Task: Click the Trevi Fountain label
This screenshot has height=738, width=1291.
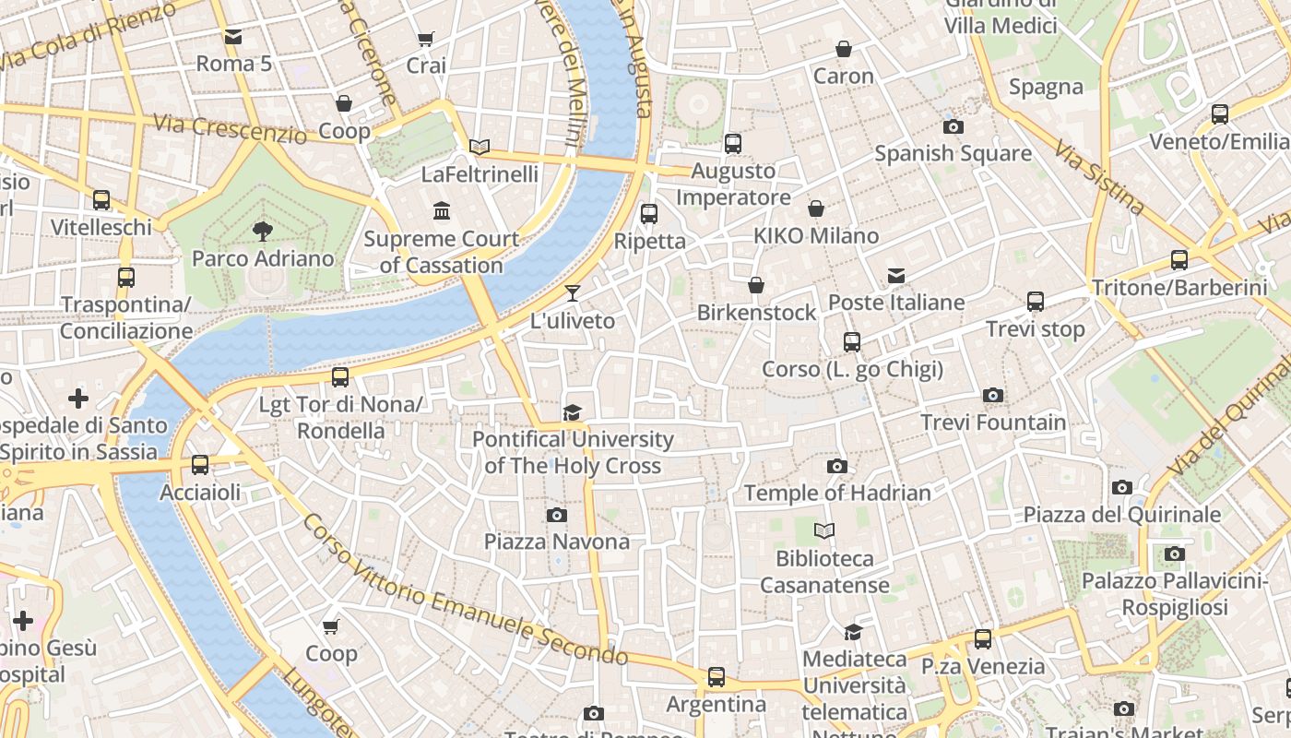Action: coord(993,423)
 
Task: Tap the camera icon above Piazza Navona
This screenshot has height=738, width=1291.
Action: coord(557,515)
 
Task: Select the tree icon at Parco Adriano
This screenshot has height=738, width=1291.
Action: coord(263,232)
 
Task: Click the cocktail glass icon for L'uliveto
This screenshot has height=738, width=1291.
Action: coord(573,293)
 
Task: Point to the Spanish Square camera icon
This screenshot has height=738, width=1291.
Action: coord(953,126)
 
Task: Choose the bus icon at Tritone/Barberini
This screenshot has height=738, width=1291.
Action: coord(1179,260)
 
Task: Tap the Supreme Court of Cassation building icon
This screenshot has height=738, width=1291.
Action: coord(442,211)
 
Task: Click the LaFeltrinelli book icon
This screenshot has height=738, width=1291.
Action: coord(479,147)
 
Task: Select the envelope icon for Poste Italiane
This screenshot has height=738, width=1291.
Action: coord(895,275)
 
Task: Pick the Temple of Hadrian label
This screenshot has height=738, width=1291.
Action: coord(837,493)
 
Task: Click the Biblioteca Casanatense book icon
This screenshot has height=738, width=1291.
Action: coord(824,530)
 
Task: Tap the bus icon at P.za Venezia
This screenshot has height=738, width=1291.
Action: coord(983,638)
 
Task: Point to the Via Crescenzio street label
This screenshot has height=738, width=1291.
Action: coord(230,129)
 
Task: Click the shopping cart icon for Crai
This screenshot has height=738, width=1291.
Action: coord(425,39)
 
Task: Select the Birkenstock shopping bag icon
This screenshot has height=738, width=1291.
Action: coord(756,285)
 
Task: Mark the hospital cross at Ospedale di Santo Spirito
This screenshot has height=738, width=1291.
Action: coord(78,399)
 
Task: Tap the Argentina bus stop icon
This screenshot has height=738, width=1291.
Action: coord(717,677)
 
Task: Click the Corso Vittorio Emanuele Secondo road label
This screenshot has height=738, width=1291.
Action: coord(465,590)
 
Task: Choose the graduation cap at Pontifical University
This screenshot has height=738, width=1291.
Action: coord(573,412)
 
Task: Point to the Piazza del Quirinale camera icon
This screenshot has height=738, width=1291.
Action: coord(1122,487)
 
